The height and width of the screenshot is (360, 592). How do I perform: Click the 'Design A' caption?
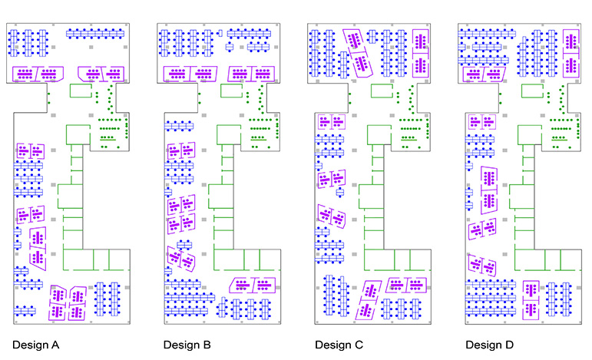click(36, 345)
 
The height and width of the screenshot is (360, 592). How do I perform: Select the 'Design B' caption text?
click(187, 345)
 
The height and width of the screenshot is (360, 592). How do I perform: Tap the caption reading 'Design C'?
click(339, 345)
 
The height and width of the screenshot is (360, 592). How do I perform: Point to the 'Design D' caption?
click(488, 345)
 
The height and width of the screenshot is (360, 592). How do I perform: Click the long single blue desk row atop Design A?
click(96, 33)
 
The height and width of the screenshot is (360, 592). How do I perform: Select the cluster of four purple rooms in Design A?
click(68, 302)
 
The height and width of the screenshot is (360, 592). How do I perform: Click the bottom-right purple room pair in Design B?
click(253, 286)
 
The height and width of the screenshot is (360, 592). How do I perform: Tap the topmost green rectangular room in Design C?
click(382, 91)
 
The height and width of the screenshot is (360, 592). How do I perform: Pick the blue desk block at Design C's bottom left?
click(336, 295)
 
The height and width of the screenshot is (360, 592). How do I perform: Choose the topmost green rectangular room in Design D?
click(531, 91)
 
